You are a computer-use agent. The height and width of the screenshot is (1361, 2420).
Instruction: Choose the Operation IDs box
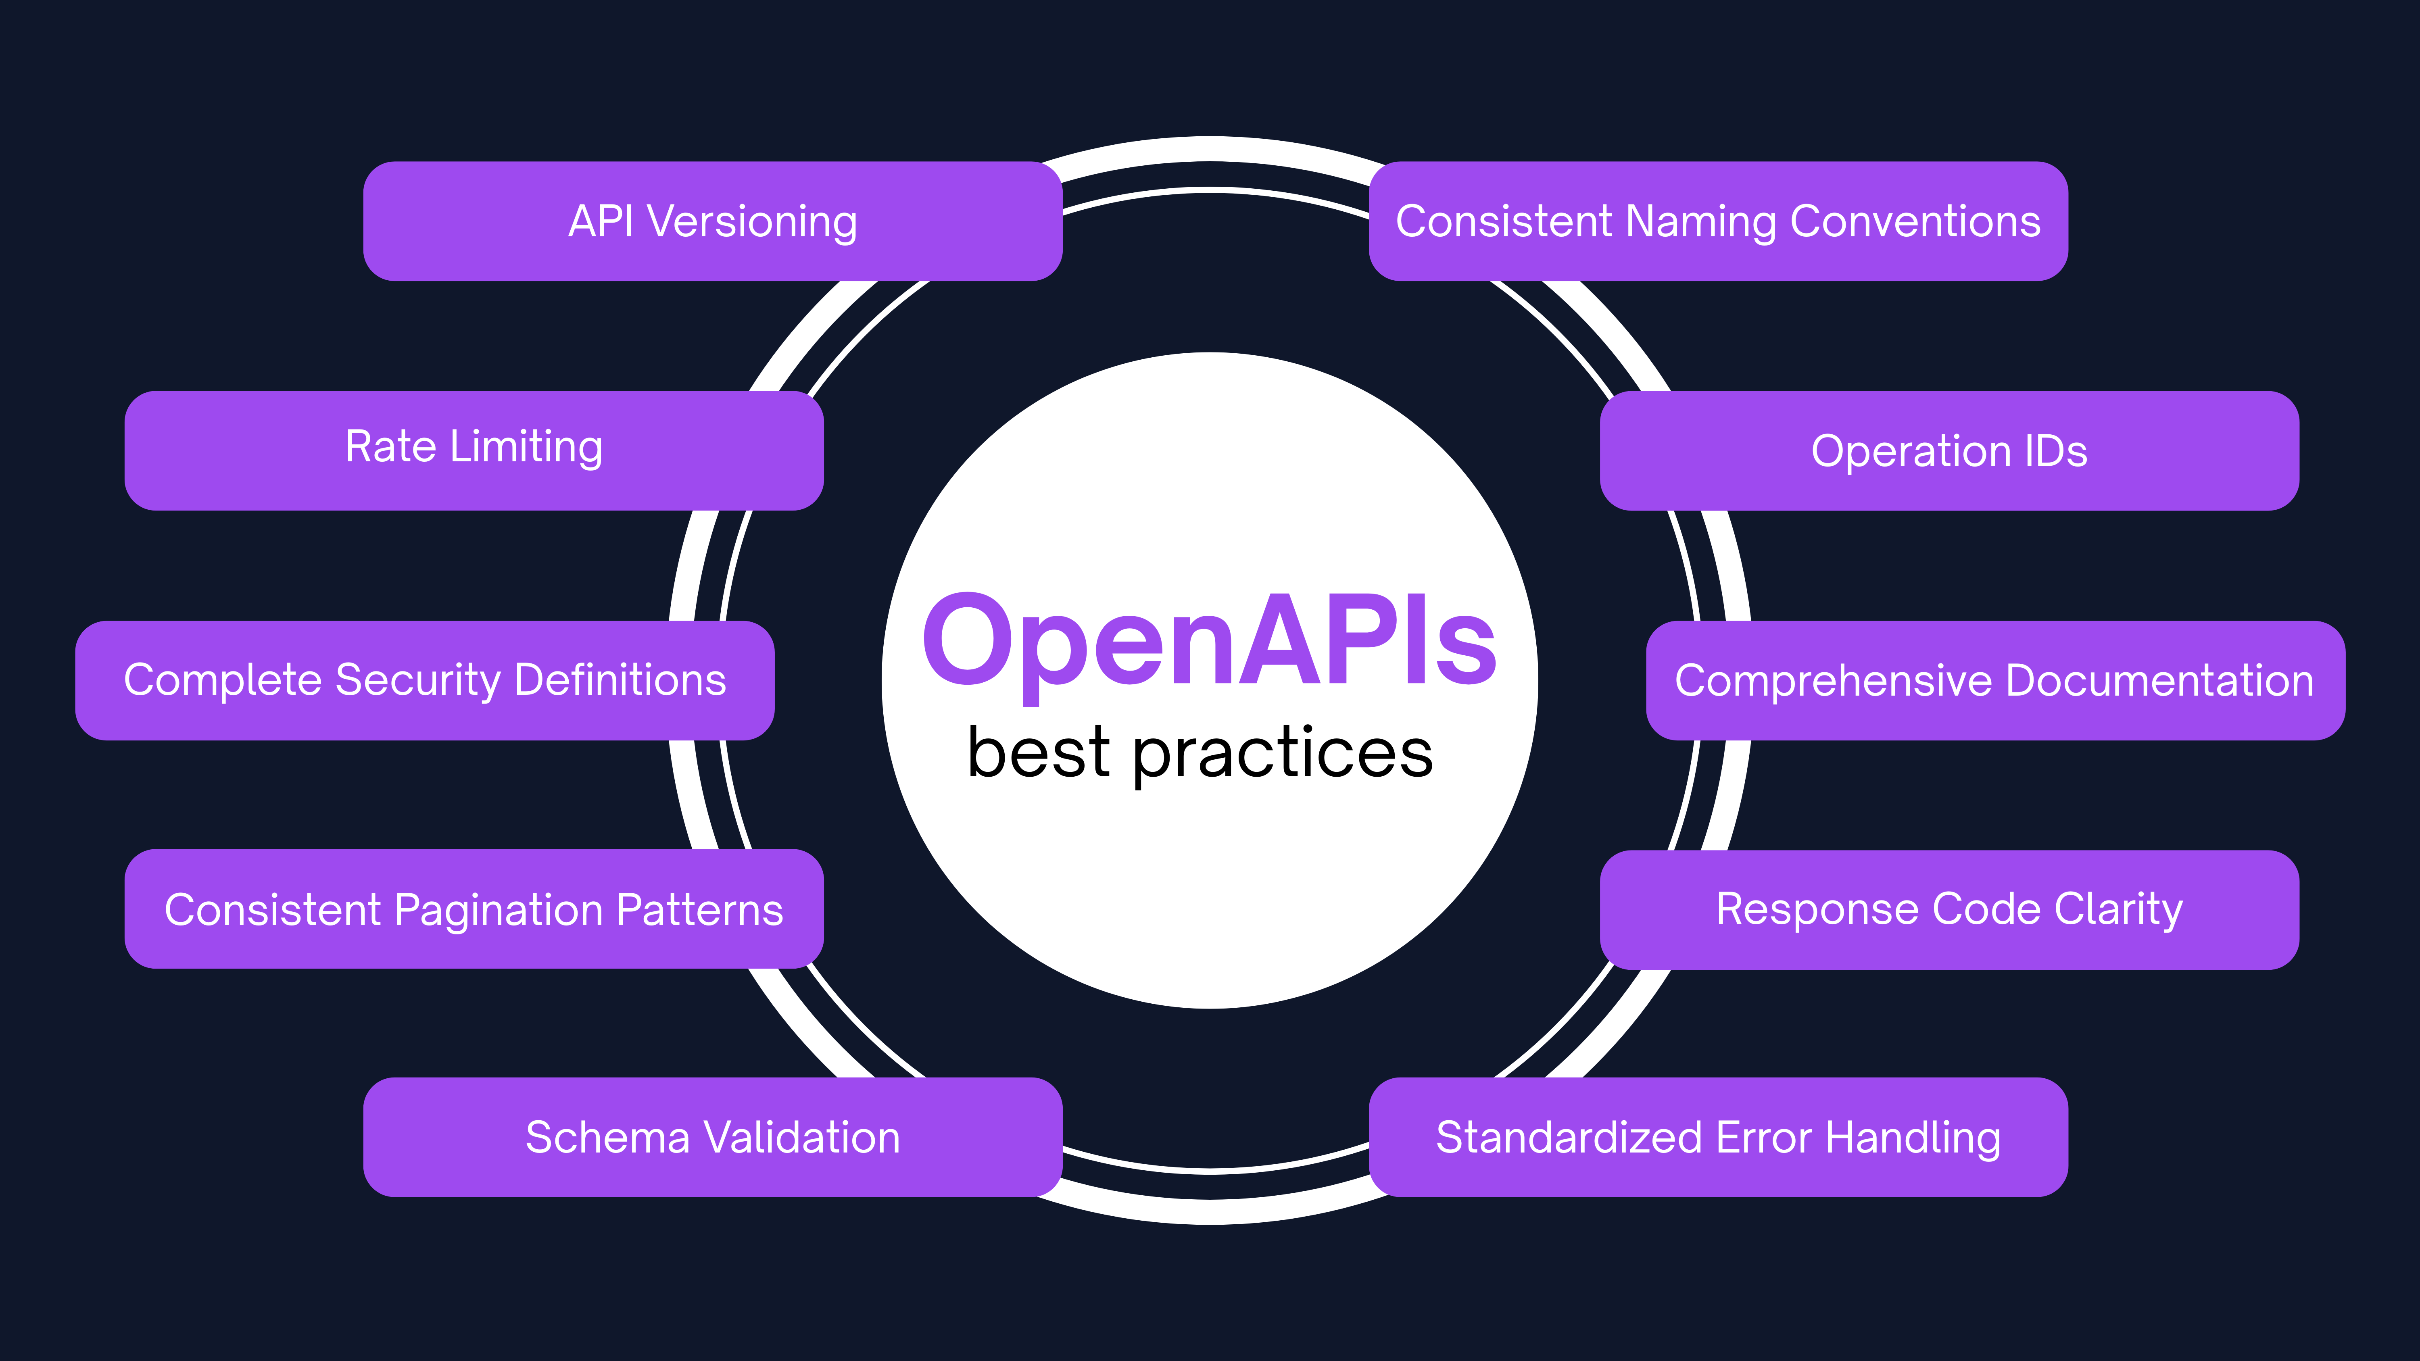pos(1949,451)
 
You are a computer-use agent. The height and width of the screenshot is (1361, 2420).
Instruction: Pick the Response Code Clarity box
pos(1949,909)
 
